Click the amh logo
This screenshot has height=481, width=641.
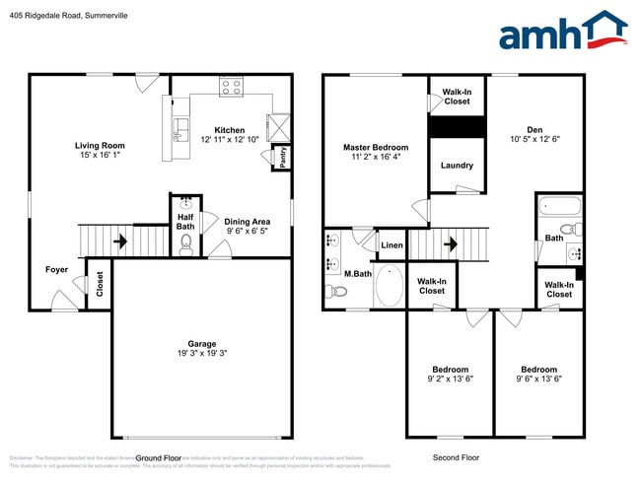click(x=562, y=32)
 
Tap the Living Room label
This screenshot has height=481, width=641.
click(x=100, y=146)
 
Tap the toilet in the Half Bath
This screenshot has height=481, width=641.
click(x=184, y=244)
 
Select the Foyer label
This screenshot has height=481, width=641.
click(x=56, y=269)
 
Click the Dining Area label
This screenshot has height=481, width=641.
click(x=247, y=222)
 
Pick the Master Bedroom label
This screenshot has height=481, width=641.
click(x=375, y=148)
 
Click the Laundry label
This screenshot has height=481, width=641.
click(x=457, y=166)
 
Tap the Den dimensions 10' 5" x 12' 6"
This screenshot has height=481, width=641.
click(x=534, y=140)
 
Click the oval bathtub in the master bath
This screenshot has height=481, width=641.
click(x=390, y=286)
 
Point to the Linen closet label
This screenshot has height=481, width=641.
click(x=392, y=244)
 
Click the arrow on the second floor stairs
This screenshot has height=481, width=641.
click(x=451, y=242)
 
